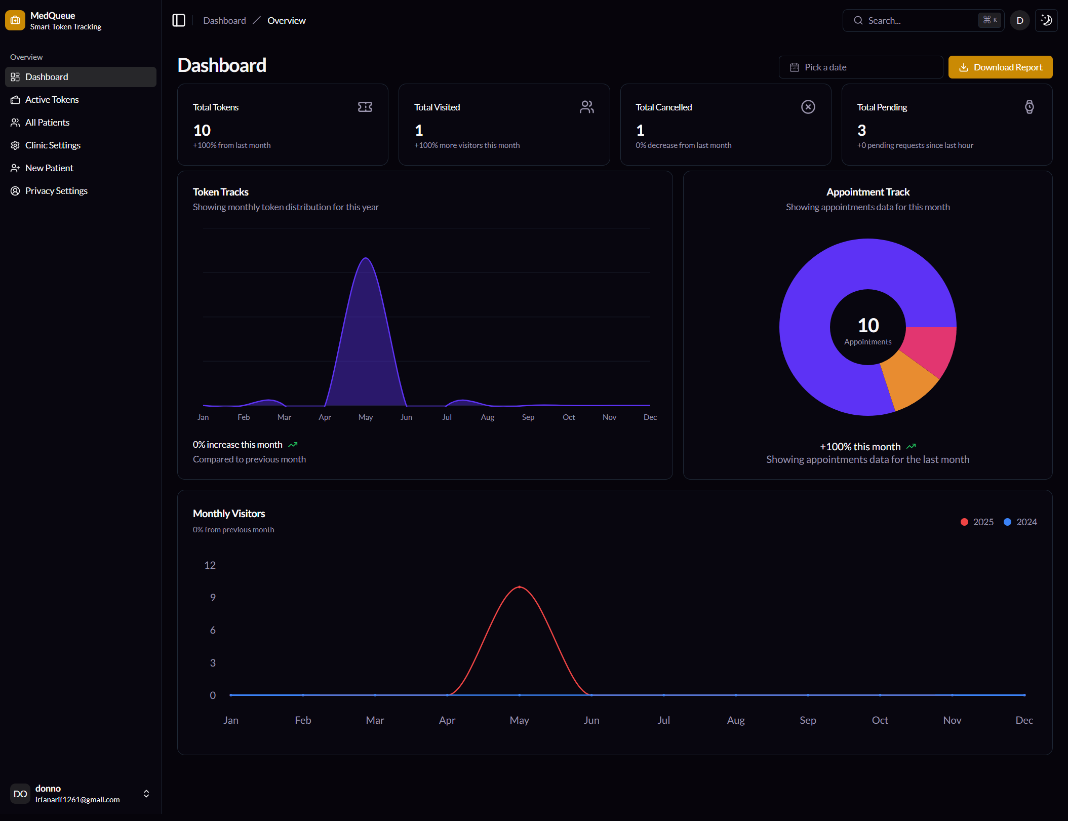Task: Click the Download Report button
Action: click(x=1000, y=67)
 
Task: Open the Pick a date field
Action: click(x=860, y=67)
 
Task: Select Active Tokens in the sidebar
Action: click(x=52, y=100)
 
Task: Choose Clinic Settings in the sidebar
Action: click(x=53, y=145)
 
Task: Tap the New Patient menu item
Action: click(x=49, y=168)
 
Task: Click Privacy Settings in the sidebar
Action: click(x=56, y=191)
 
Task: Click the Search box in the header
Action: click(x=922, y=21)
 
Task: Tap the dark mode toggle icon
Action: click(x=1046, y=21)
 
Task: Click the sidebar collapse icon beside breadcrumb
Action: click(x=179, y=21)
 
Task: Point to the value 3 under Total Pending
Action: click(x=861, y=131)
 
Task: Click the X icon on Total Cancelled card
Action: click(x=808, y=107)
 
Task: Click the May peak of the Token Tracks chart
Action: click(x=366, y=259)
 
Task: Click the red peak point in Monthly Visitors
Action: click(x=519, y=587)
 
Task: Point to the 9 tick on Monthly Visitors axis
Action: click(x=213, y=598)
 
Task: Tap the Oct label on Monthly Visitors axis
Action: click(x=880, y=720)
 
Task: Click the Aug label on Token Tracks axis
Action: click(x=487, y=417)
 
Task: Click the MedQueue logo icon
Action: click(x=15, y=21)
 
